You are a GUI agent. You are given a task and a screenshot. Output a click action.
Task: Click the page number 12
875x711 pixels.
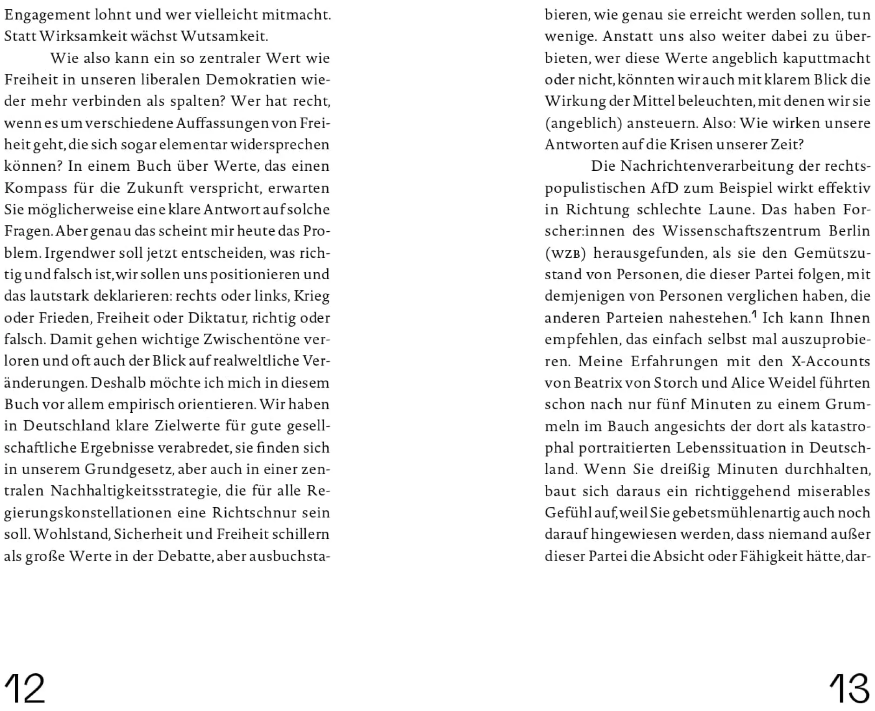click(24, 688)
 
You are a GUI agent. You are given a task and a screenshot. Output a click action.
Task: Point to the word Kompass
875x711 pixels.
click(35, 188)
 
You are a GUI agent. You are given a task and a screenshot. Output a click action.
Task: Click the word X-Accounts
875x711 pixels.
click(830, 361)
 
